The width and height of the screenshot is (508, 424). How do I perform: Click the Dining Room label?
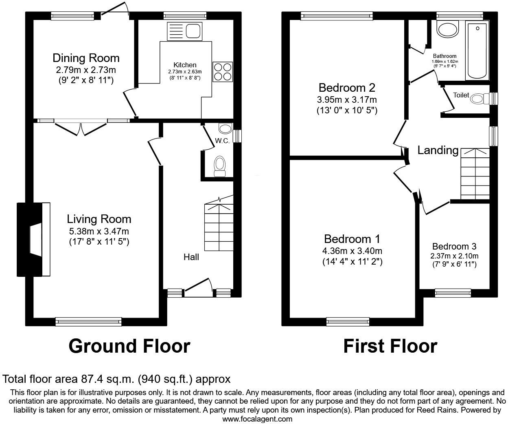(x=86, y=58)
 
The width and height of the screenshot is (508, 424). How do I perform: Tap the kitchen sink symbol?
(x=184, y=31)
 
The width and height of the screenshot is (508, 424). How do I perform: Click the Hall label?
(x=191, y=257)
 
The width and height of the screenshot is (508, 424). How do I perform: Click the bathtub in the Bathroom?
(x=477, y=51)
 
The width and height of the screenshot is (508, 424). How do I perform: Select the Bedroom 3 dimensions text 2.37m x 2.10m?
(x=454, y=256)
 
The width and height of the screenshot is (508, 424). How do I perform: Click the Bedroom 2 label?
(x=347, y=88)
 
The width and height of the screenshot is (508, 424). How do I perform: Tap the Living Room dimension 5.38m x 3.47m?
(x=99, y=231)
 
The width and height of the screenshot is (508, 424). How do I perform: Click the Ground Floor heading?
(x=129, y=346)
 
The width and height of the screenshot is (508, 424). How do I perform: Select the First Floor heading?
(x=390, y=346)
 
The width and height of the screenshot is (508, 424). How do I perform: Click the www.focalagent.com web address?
(x=257, y=419)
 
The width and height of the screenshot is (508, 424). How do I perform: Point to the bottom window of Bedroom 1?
(x=348, y=322)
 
